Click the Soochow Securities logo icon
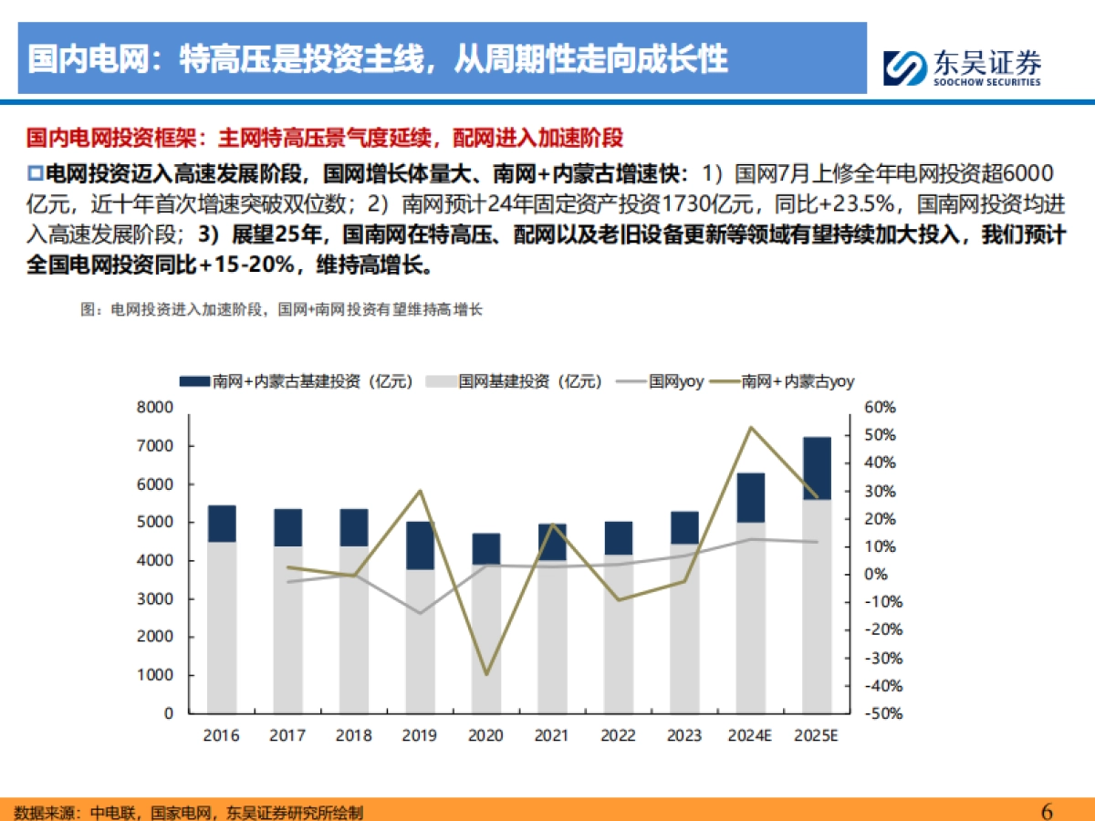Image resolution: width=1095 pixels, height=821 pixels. pos(904,68)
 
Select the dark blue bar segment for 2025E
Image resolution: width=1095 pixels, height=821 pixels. pos(817,468)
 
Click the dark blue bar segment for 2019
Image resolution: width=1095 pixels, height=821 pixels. pos(421,546)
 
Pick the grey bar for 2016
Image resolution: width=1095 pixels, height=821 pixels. pos(222,627)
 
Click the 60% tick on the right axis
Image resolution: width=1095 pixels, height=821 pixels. pos(882,408)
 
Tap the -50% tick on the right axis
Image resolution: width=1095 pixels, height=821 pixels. pos(882,713)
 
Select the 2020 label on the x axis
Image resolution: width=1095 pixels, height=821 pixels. pos(486,735)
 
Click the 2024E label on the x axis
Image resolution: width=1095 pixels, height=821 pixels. pos(750,735)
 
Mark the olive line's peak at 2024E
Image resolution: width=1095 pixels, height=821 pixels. pos(750,427)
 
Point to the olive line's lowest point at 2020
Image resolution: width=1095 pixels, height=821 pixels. pos(486,674)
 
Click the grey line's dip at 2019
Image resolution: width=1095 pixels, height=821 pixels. pos(421,613)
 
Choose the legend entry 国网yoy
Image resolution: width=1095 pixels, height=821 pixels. pos(675,382)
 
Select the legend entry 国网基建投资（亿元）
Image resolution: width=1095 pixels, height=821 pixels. pos(530,382)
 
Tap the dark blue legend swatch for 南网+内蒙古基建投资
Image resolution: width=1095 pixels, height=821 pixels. pos(194,382)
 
